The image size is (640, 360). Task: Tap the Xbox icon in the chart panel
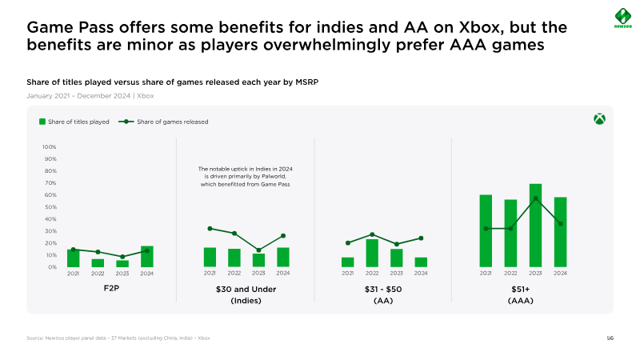pos(599,119)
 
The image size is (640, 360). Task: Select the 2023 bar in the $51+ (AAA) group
pos(535,226)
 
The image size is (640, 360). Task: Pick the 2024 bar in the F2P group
pos(147,256)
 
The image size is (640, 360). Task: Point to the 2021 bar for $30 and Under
pos(210,257)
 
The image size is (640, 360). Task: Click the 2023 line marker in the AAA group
pos(535,198)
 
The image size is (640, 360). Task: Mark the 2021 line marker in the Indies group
pos(210,228)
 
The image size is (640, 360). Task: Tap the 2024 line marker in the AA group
pos(421,238)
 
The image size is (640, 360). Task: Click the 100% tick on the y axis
pos(49,147)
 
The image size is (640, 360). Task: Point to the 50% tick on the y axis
pos(50,207)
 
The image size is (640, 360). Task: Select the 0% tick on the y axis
pos(51,267)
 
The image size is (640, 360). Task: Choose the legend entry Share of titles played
pos(74,122)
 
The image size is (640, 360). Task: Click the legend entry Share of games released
pos(164,122)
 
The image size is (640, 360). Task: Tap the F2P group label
pos(110,288)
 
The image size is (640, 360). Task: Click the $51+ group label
pos(521,289)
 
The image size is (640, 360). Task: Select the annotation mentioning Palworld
pos(245,177)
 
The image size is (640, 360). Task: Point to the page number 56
pos(610,338)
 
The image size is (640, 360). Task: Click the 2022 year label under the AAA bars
pos(510,274)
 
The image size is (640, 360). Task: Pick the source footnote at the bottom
pos(118,338)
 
